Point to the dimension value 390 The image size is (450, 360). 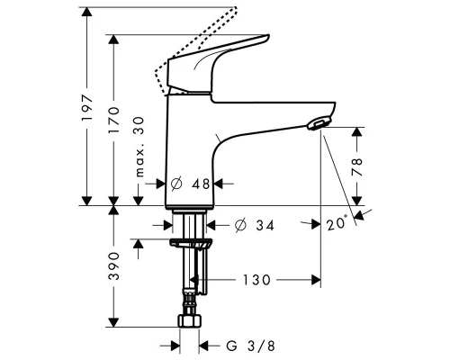point(114,266)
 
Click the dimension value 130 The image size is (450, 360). point(256,281)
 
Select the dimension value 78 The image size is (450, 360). point(358,166)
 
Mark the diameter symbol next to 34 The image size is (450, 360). point(240,224)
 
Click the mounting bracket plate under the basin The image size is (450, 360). point(190,243)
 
